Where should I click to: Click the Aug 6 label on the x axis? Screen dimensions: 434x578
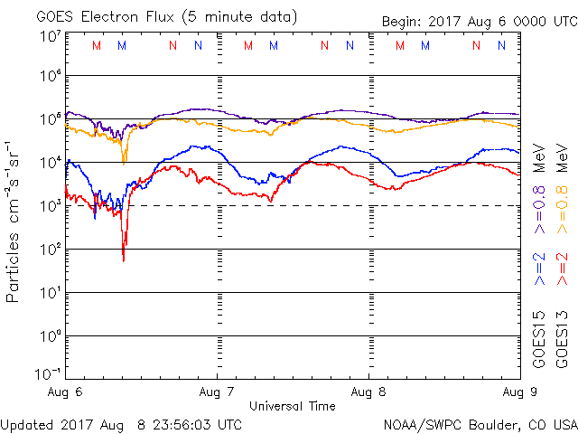66,393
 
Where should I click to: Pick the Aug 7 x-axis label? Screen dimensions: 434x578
218,393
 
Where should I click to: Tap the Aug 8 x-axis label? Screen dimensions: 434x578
368,393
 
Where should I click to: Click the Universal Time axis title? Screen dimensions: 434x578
294,406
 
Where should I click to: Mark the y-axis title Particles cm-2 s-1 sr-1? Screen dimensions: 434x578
15,222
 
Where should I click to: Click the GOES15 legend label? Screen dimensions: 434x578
538,340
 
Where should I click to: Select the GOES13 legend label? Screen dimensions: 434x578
561,340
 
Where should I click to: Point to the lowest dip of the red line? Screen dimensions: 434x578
124,260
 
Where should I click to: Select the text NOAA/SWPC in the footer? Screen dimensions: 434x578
418,423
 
